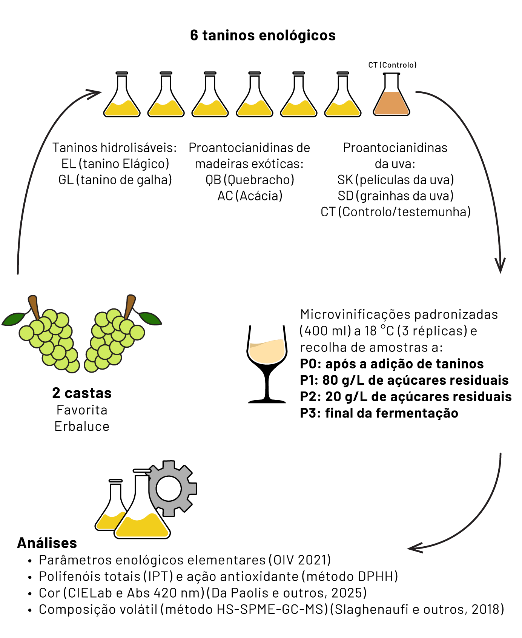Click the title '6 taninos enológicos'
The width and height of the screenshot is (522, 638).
point(263,35)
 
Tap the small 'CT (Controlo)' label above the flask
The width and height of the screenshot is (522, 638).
point(392,65)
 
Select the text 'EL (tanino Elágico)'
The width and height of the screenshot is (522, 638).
point(115,164)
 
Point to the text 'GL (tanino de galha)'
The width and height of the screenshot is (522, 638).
point(115,180)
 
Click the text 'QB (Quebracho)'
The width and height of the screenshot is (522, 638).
point(250,180)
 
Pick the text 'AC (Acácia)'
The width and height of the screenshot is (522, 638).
point(250,196)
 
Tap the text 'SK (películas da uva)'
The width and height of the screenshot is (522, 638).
point(395,180)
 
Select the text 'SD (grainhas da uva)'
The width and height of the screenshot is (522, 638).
point(395,196)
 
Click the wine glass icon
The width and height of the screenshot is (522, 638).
point(267,364)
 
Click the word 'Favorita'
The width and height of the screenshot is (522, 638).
point(82,410)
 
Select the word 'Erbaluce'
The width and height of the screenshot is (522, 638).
point(82,426)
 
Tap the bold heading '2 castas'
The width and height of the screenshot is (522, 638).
point(82,393)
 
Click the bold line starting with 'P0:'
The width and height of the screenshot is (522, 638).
point(392,364)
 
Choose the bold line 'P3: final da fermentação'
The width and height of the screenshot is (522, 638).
point(379,413)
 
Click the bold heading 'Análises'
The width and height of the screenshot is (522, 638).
point(47,543)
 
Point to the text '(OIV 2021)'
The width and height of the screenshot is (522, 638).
point(300,560)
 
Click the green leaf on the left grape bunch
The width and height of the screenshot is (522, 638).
point(14,319)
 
